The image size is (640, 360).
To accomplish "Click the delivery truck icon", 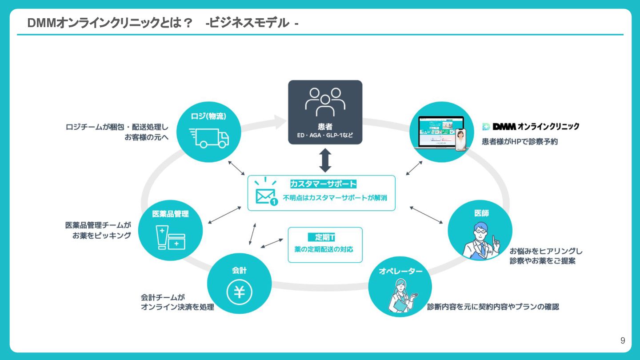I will pyautogui.click(x=209, y=138).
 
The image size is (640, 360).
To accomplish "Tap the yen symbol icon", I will pyautogui.click(x=240, y=292).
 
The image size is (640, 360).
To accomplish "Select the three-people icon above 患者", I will pyautogui.click(x=325, y=101).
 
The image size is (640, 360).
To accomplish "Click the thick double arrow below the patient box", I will pyautogui.click(x=325, y=160).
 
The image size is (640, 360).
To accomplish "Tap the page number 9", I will pyautogui.click(x=623, y=341).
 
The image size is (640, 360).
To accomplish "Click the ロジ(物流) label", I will pyautogui.click(x=208, y=116).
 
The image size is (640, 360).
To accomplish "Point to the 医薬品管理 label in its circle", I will pyautogui.click(x=170, y=214).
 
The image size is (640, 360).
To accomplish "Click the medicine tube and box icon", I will pyautogui.click(x=170, y=238).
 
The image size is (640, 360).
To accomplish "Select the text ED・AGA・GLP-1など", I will pyautogui.click(x=325, y=135).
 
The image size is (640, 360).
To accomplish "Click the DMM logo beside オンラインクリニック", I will pyautogui.click(x=499, y=127).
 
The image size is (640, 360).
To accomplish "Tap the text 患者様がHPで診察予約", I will pyautogui.click(x=520, y=142).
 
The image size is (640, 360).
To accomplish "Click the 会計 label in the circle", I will pyautogui.click(x=239, y=270).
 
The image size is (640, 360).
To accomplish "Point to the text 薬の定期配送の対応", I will pyautogui.click(x=324, y=249).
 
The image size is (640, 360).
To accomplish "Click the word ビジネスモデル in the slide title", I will pyautogui.click(x=249, y=23).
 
